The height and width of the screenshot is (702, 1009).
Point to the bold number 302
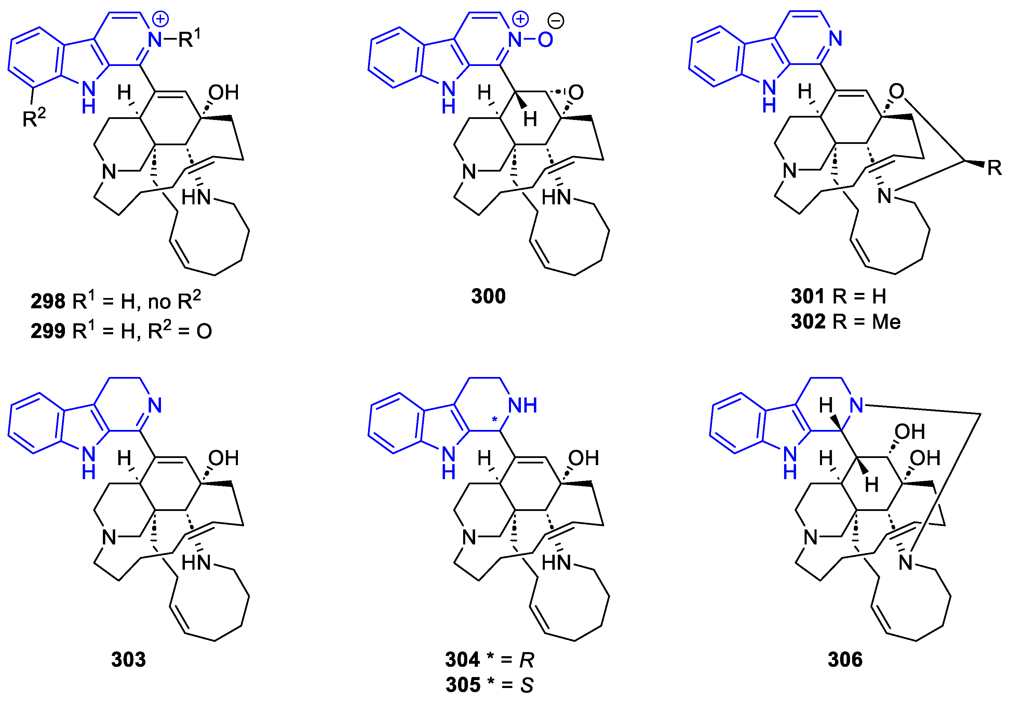808,322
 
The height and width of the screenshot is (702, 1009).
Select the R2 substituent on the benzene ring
33,118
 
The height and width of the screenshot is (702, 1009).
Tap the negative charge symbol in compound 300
556,21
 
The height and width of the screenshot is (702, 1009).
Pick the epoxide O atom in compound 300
576,93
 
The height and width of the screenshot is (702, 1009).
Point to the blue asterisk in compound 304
494,420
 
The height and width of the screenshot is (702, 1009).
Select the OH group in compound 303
223,458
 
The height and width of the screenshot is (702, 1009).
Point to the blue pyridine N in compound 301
835,39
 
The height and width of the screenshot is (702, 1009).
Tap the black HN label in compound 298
196,197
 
